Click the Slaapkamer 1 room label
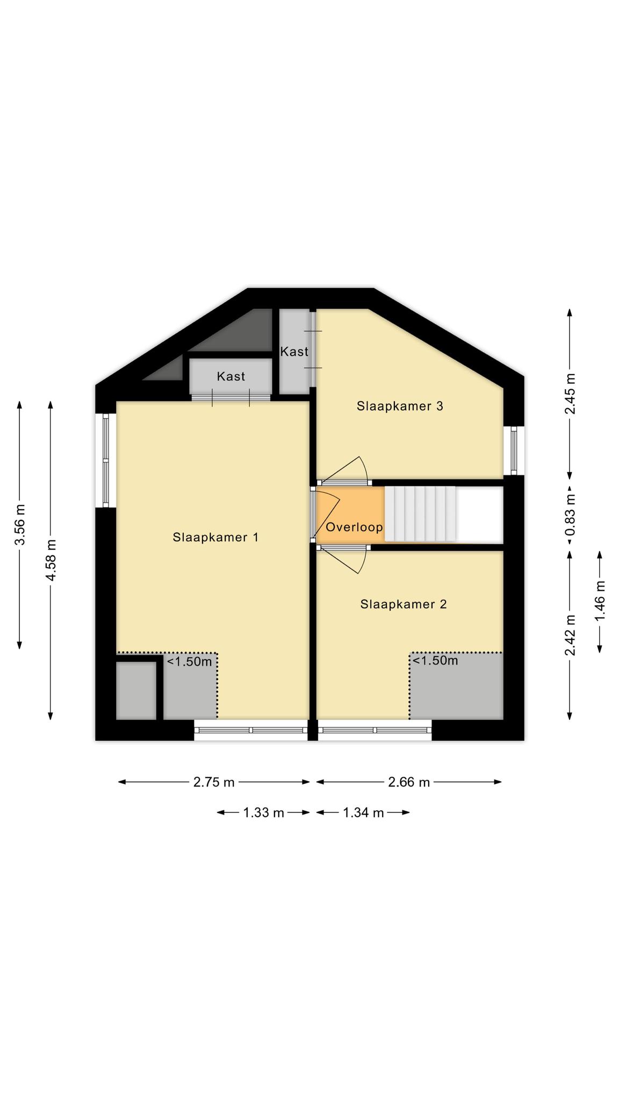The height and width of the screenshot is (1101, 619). tap(215, 537)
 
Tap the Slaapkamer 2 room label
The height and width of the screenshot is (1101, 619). tap(404, 604)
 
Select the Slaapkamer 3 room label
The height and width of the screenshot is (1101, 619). tap(400, 406)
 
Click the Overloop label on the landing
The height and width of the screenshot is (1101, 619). tap(354, 527)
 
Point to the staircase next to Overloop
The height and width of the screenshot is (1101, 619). tap(420, 514)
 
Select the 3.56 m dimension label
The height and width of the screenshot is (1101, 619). tap(20, 524)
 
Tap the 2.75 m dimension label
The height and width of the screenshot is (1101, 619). tap(214, 782)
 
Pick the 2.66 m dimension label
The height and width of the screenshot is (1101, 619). tap(409, 782)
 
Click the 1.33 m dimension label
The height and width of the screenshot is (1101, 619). tap(263, 812)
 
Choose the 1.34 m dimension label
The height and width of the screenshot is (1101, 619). tap(363, 812)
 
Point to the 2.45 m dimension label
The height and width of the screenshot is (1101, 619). tap(570, 394)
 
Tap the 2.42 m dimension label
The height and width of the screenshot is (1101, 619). tap(570, 635)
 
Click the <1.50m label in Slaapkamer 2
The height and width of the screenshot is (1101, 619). tap(435, 660)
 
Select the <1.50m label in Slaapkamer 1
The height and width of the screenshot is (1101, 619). tap(189, 661)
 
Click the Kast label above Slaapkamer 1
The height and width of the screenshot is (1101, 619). tap(231, 376)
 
